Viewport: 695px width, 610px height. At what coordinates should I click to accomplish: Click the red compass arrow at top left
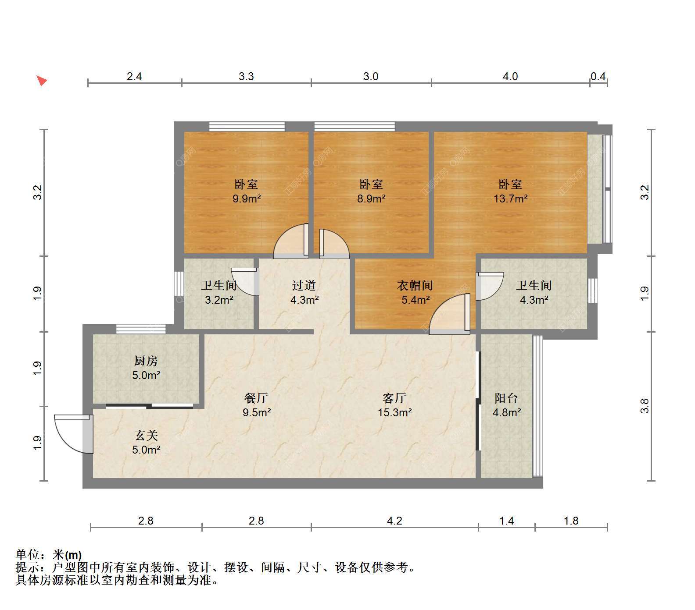(x=42, y=81)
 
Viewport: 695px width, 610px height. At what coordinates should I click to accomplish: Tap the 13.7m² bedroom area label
(x=510, y=199)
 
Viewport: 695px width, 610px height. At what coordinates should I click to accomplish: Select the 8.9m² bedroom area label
(x=371, y=199)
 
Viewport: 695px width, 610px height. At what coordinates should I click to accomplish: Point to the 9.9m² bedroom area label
(x=247, y=199)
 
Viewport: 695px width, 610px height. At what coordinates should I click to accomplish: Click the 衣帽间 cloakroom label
(x=415, y=286)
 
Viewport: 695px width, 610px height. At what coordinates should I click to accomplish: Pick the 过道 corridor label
(x=304, y=286)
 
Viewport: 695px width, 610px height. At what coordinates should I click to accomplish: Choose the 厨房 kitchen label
(x=146, y=361)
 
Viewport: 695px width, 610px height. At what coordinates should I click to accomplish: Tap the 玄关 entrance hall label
(x=146, y=435)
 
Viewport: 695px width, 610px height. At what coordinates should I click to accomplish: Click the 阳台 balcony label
(x=506, y=398)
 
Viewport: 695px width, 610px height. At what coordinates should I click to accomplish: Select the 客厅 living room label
(x=394, y=398)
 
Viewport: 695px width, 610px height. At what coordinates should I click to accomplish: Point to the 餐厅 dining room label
(x=256, y=398)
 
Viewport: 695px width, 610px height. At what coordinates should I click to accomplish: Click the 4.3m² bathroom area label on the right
(x=534, y=300)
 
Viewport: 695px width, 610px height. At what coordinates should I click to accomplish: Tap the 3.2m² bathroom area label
(x=219, y=300)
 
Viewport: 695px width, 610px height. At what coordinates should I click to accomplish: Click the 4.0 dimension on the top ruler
(x=510, y=77)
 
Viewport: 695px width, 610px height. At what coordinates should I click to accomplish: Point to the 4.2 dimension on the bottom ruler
(x=394, y=521)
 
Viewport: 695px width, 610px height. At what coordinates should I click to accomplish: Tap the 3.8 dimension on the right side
(x=645, y=406)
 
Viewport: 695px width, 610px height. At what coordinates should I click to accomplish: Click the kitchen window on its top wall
(x=141, y=329)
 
